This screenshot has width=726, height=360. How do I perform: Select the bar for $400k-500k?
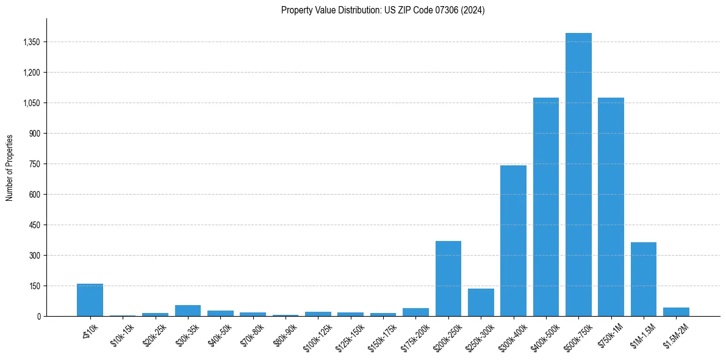(x=546, y=207)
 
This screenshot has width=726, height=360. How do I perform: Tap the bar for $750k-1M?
(x=611, y=207)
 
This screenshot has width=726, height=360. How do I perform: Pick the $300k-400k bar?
(x=513, y=240)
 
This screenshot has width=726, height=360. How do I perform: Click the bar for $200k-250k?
(x=448, y=278)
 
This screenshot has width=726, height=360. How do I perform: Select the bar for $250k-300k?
(x=481, y=302)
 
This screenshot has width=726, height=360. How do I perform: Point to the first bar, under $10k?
(x=90, y=300)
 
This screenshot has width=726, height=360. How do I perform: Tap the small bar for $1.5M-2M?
(x=676, y=312)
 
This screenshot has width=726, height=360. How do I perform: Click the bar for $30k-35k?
(x=188, y=311)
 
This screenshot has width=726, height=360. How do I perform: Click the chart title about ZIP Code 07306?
(x=383, y=10)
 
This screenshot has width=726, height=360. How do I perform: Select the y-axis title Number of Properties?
(x=10, y=167)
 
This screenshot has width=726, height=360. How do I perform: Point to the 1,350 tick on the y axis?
(x=31, y=42)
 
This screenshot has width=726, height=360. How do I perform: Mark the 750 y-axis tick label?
(x=35, y=164)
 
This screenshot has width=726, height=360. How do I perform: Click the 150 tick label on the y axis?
(x=35, y=286)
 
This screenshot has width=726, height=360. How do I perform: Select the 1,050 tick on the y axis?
(x=31, y=103)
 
